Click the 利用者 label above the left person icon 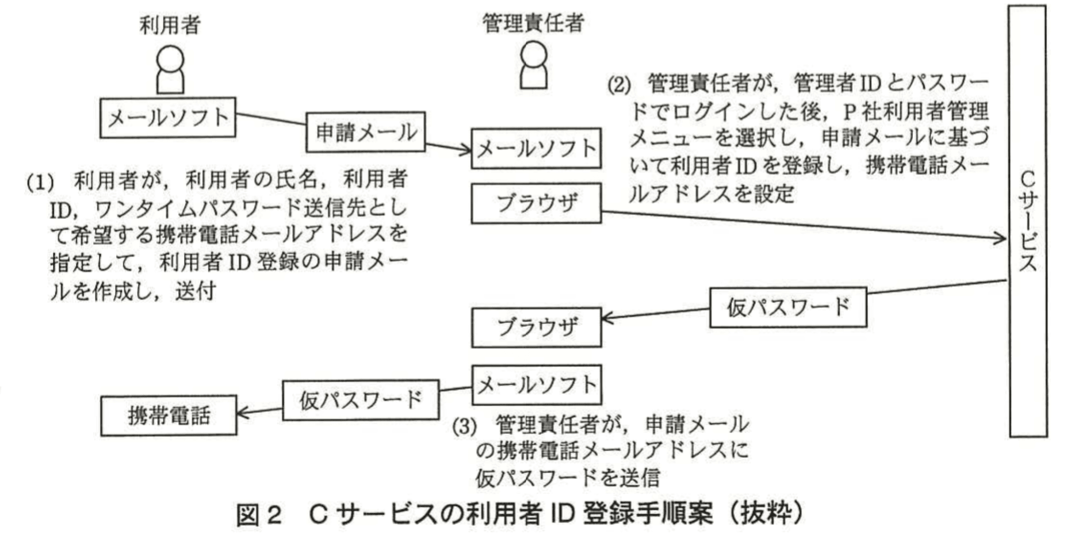(x=170, y=25)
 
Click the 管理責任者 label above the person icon (x=533, y=23)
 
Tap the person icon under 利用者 (x=170, y=70)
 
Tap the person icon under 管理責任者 (x=534, y=65)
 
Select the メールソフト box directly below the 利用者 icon (x=168, y=118)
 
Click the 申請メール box (x=365, y=132)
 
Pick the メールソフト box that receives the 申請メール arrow (x=536, y=149)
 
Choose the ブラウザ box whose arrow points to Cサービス (x=536, y=203)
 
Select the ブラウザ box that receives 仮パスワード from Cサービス (x=536, y=327)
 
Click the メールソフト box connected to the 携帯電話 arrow (x=536, y=385)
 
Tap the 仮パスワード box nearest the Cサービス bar (x=788, y=307)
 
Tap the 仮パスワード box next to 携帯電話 (x=361, y=400)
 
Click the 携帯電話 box (x=168, y=416)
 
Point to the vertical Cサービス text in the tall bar (x=1027, y=222)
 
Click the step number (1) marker (x=40, y=182)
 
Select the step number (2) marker (x=619, y=85)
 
